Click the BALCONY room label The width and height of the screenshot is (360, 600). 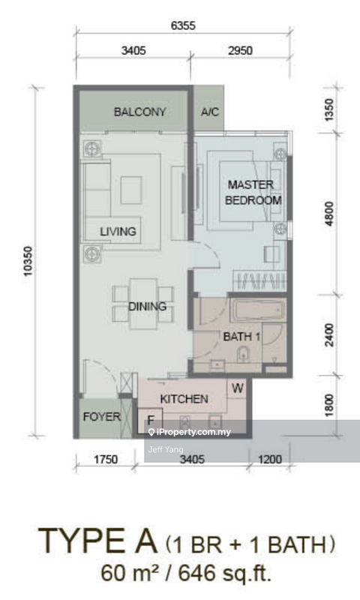139,112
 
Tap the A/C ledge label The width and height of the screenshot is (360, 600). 209,112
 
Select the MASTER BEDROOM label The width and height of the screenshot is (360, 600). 254,193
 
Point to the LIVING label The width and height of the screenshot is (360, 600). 118,232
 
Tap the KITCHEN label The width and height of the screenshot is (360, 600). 184,399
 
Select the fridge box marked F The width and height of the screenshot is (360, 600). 150,421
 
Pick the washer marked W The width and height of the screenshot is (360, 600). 237,388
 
